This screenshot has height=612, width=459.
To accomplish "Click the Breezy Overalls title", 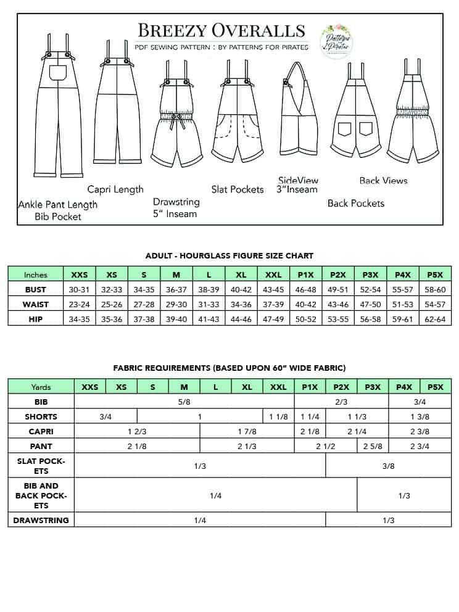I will click(x=221, y=30).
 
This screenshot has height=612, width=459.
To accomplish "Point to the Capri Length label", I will click(x=115, y=189).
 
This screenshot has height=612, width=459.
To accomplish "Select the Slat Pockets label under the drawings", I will click(x=238, y=189).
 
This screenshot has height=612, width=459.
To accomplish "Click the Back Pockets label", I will click(x=356, y=203).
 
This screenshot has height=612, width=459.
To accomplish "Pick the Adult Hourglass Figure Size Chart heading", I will click(x=229, y=255).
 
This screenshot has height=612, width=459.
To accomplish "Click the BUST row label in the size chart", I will click(x=36, y=289).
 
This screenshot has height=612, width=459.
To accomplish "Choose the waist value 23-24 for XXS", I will click(x=80, y=304).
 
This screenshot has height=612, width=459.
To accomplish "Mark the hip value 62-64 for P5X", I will click(x=435, y=319).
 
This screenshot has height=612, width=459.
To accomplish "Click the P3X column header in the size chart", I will click(x=371, y=275).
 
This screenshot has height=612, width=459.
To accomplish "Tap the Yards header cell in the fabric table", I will click(x=41, y=387).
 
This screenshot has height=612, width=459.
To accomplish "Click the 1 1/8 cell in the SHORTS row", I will click(x=278, y=416).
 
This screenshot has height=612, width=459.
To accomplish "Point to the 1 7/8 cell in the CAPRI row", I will click(x=247, y=431).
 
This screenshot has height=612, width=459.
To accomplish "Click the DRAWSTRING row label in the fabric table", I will click(x=41, y=520).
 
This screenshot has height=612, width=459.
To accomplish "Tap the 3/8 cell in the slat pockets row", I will click(x=388, y=466).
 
